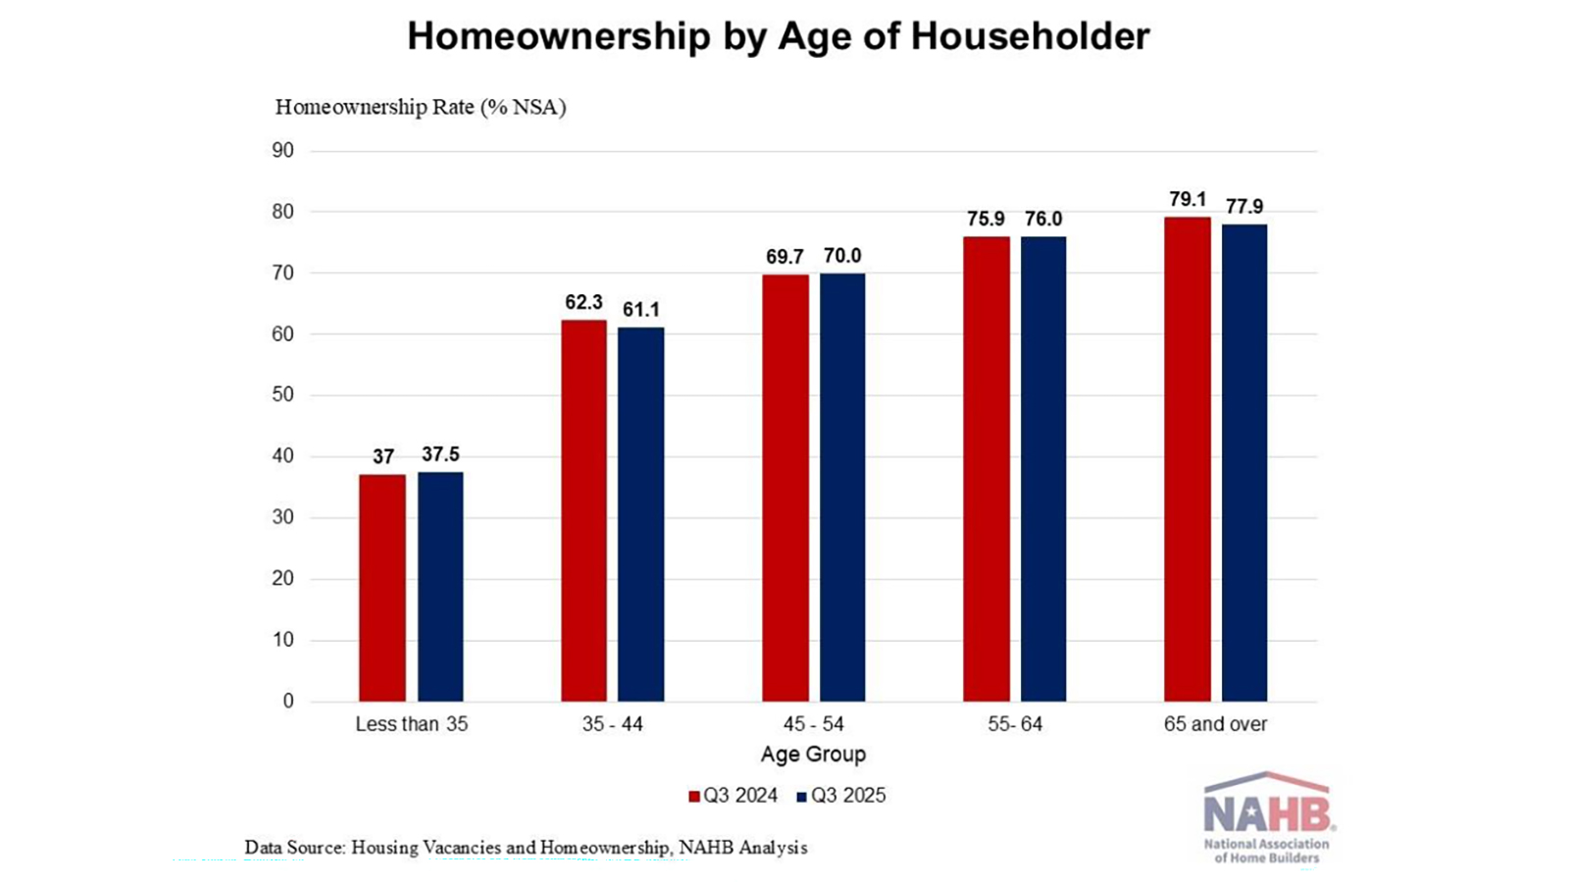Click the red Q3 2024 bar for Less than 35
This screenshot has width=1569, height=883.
(382, 588)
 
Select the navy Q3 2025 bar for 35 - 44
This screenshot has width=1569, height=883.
(640, 514)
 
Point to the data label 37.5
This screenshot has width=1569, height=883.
(440, 454)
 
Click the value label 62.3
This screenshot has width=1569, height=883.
(583, 302)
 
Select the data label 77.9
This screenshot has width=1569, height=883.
(1244, 207)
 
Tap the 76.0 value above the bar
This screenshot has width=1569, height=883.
(1043, 219)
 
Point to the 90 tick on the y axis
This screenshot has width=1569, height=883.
(282, 150)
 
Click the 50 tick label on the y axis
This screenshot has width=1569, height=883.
(282, 395)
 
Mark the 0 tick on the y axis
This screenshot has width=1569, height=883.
(288, 701)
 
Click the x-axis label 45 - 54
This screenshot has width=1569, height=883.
(813, 724)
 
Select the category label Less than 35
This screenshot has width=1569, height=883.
(411, 724)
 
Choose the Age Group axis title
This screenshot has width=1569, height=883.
(813, 754)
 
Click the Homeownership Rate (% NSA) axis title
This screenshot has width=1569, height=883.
(421, 107)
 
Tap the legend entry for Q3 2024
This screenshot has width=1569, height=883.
(734, 796)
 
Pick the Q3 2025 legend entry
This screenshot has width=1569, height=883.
(841, 796)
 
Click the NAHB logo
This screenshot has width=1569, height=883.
(1267, 817)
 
